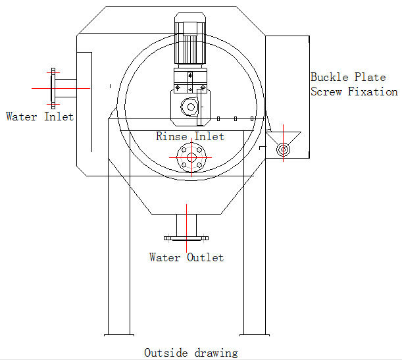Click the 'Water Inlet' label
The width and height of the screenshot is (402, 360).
coord(39,116)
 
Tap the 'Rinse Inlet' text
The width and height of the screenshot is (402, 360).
coord(190,137)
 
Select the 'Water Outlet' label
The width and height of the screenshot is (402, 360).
coord(186,257)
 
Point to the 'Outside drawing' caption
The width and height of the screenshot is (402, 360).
coord(191,353)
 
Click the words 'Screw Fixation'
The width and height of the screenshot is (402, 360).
coord(354,92)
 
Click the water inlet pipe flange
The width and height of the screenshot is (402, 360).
coord(53,86)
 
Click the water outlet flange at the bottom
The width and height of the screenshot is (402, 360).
coord(186,238)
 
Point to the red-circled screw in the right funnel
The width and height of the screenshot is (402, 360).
coord(283,149)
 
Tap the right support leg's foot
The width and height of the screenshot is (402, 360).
coord(255,334)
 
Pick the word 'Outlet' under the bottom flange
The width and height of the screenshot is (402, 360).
coord(205,257)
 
